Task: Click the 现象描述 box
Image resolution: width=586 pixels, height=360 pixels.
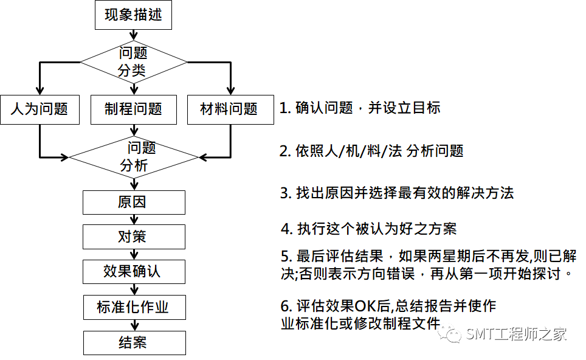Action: coord(133,15)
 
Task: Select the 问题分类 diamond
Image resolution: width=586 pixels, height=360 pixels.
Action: coord(133,61)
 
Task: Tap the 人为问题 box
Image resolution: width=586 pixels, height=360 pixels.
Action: coord(40,109)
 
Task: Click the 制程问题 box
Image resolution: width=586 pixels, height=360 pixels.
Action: coord(133,109)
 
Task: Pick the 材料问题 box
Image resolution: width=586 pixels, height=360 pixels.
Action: coord(229,109)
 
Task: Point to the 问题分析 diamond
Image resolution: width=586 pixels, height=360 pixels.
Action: coord(133,157)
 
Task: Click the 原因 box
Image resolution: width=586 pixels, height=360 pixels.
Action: coord(133,202)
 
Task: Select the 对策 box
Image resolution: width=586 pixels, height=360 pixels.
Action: coord(133,237)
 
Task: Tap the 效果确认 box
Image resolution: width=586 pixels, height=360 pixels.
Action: coord(133,271)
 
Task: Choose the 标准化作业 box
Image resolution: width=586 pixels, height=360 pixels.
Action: coord(133,307)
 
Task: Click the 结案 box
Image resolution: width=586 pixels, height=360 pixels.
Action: coord(133,342)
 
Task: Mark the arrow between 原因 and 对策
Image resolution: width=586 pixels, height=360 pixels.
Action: coord(133,220)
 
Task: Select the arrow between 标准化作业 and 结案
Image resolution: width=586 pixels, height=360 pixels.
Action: coord(133,325)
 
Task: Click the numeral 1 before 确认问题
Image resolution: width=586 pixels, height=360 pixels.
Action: coord(283,109)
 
